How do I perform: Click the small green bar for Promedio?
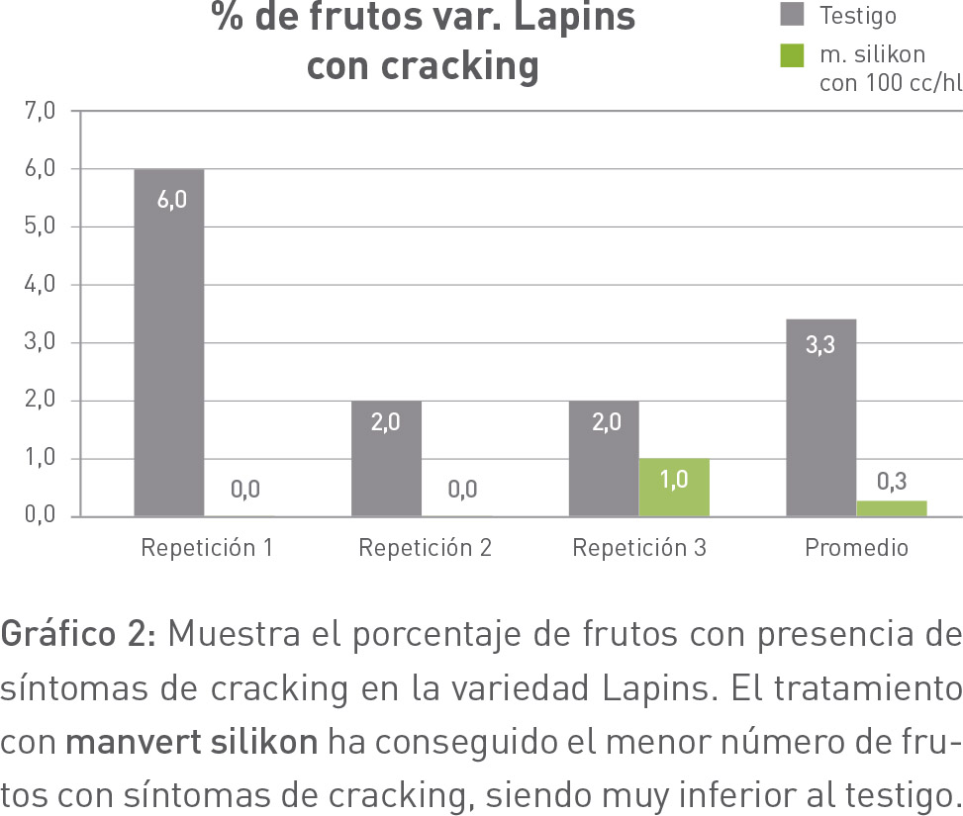click(892, 508)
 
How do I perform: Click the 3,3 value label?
click(820, 347)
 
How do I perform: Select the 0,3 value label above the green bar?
click(892, 483)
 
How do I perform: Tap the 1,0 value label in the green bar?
click(674, 482)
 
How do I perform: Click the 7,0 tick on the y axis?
click(41, 111)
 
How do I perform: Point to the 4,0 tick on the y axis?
click(41, 285)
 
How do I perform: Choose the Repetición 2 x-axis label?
click(425, 548)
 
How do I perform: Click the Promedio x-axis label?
click(856, 548)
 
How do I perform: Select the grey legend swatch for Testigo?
click(793, 14)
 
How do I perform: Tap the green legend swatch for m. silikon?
click(793, 55)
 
